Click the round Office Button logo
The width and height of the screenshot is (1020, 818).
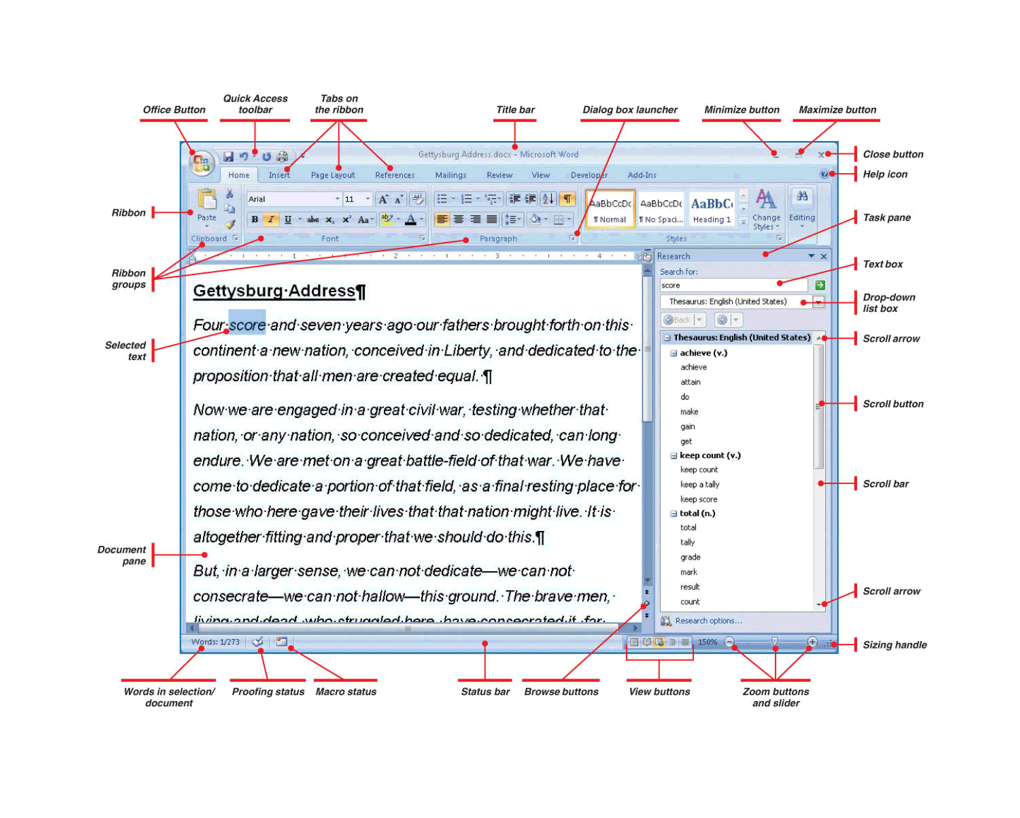click(201, 163)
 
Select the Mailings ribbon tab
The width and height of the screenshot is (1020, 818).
click(451, 175)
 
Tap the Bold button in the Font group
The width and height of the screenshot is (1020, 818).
click(255, 219)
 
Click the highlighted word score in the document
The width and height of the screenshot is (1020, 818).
click(247, 325)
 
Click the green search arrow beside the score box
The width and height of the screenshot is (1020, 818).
click(820, 285)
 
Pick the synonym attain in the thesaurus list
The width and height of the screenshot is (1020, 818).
click(690, 382)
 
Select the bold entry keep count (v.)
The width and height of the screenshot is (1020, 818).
click(710, 455)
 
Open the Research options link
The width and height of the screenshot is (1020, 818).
click(708, 621)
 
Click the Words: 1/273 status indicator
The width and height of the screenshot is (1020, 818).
click(215, 642)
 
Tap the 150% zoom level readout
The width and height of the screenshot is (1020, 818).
click(707, 642)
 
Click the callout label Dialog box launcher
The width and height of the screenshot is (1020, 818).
click(630, 110)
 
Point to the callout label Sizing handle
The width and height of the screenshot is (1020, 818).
click(894, 645)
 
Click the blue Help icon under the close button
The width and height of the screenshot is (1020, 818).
click(824, 174)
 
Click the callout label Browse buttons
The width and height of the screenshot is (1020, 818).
click(561, 691)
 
